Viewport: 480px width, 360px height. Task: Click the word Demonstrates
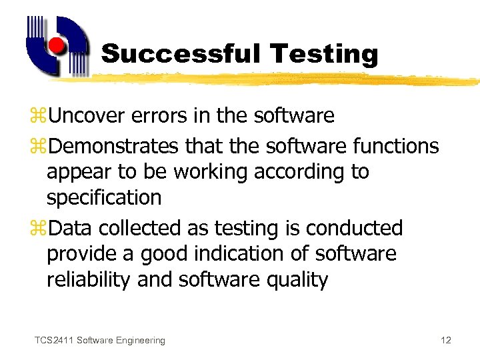point(113,145)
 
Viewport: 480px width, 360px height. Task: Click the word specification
point(104,198)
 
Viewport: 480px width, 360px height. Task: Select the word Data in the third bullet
point(71,228)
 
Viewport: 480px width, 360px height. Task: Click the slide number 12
point(446,341)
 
